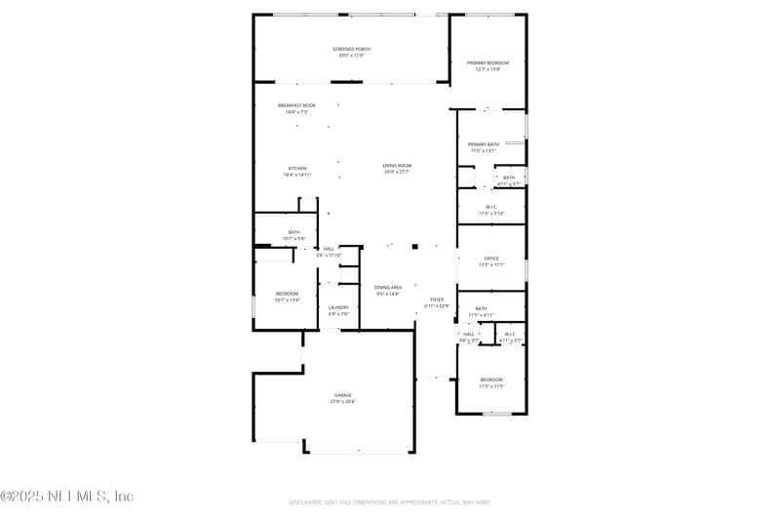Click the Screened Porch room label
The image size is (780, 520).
(351, 49)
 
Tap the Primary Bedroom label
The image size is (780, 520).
(487, 62)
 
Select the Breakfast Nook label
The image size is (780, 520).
(296, 105)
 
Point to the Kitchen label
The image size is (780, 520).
(296, 168)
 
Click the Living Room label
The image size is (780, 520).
(397, 166)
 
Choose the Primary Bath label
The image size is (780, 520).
(484, 144)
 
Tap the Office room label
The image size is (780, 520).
(491, 259)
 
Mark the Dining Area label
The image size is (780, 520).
(388, 287)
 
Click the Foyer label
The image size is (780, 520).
(437, 300)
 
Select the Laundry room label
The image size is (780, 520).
(338, 307)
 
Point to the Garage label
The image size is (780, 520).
(343, 395)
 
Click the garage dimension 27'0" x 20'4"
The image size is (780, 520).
(343, 402)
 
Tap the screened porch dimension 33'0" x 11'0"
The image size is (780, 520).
(351, 56)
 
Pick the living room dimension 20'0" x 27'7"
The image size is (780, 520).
(397, 173)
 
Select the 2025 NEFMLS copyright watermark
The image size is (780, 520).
(67, 497)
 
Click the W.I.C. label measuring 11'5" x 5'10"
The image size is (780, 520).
(491, 207)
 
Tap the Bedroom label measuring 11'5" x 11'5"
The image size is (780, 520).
(491, 380)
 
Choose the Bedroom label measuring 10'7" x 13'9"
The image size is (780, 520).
(287, 294)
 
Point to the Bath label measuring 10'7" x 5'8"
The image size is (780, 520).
(293, 232)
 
